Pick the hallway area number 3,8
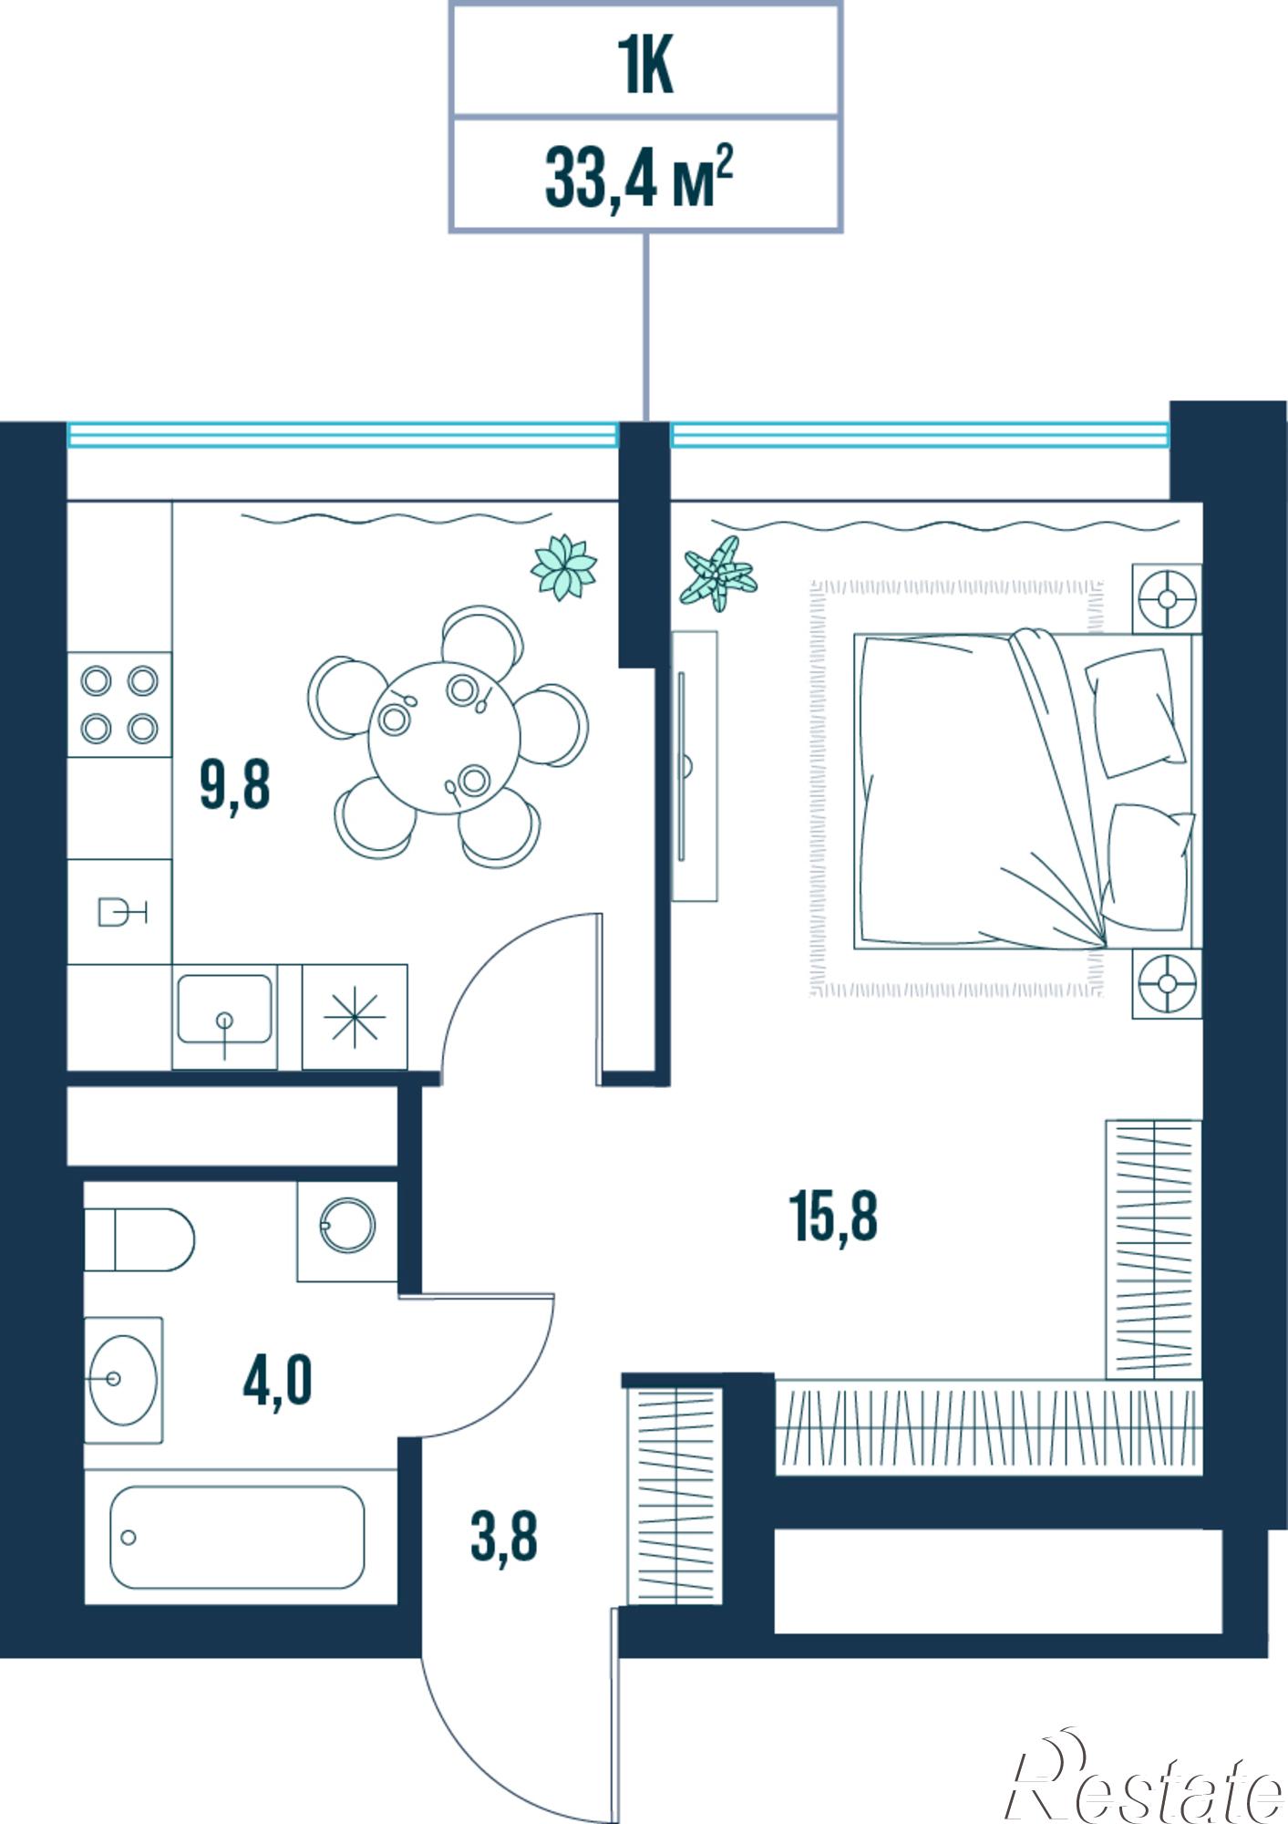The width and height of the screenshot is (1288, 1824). click(504, 1536)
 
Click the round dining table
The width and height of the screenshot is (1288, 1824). click(444, 740)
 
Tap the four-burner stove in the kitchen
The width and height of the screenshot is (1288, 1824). click(119, 704)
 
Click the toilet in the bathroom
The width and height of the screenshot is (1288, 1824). click(139, 1239)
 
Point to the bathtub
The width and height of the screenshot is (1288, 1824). click(237, 1537)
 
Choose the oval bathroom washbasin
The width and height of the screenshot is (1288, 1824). click(123, 1380)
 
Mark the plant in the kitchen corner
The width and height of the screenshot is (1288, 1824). click(563, 566)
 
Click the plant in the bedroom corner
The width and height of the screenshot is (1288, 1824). click(718, 574)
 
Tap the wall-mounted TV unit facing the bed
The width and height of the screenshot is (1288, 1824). click(695, 766)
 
